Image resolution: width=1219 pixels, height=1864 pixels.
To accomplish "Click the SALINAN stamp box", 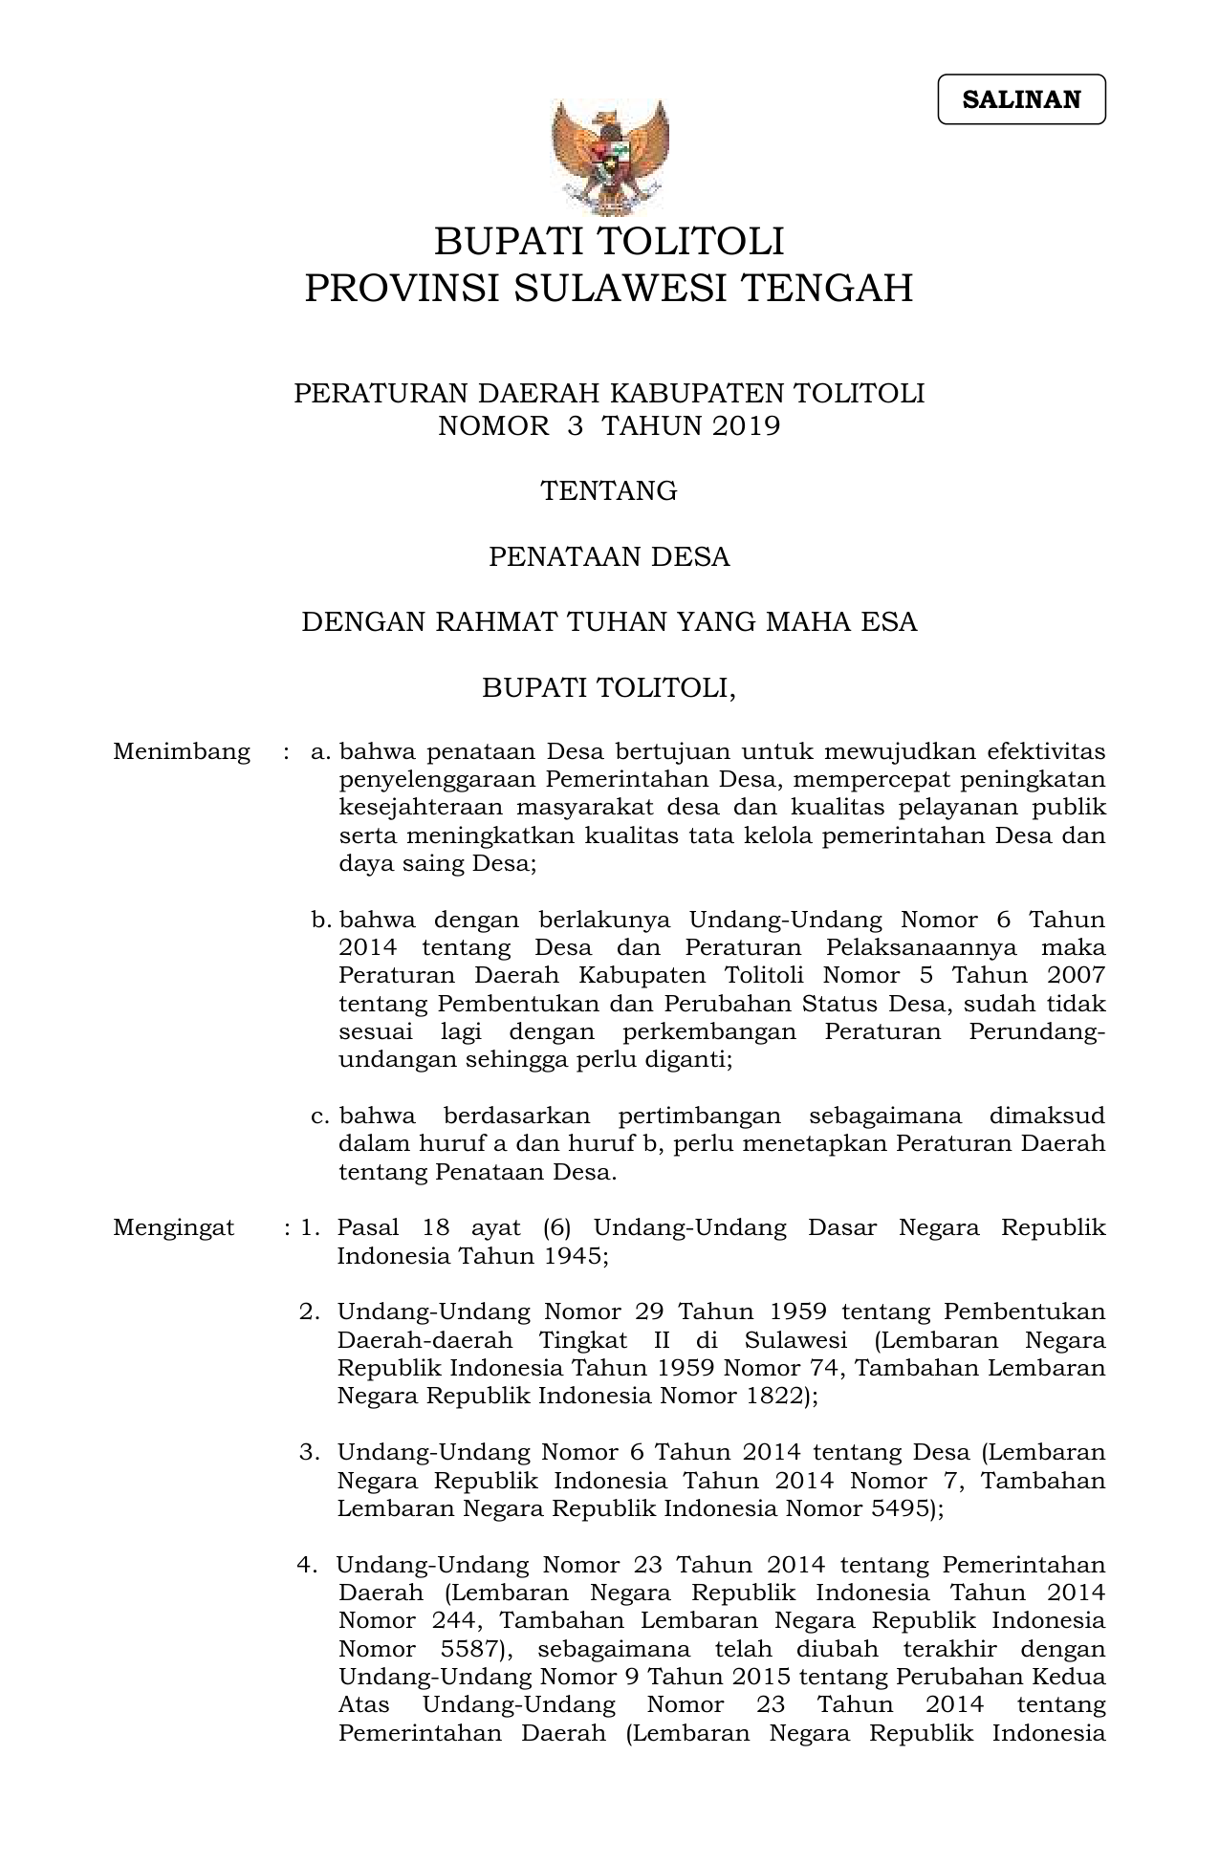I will (1021, 99).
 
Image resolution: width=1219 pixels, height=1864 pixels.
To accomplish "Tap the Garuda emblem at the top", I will (609, 157).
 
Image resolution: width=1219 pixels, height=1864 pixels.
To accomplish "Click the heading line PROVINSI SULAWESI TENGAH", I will (609, 288).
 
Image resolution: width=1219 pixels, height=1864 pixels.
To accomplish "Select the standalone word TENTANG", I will (609, 491).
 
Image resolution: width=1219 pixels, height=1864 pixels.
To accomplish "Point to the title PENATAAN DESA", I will (609, 556).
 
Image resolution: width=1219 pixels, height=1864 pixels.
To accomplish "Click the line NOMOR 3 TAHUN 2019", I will (609, 426).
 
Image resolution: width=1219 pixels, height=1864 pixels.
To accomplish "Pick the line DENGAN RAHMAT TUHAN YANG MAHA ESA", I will (609, 622).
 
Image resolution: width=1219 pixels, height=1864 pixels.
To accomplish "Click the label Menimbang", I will (182, 751).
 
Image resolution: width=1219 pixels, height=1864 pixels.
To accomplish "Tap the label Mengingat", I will (174, 1227).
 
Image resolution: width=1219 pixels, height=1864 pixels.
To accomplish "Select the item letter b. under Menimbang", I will (321, 921).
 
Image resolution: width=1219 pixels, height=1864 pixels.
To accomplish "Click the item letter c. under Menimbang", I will (321, 1116).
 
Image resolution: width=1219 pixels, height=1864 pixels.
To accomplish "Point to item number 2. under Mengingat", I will (310, 1311).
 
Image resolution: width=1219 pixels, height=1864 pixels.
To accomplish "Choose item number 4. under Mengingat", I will (308, 1565).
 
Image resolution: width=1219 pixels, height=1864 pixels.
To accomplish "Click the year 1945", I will (575, 1256).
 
